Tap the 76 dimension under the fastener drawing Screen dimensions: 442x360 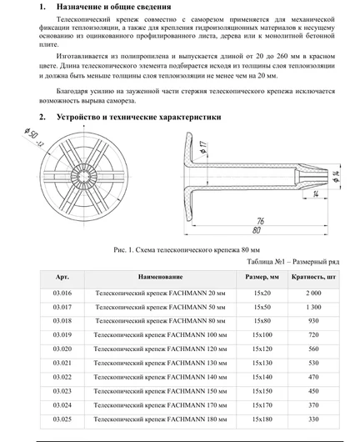point(261,220)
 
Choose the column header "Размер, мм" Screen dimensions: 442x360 point(262,276)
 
